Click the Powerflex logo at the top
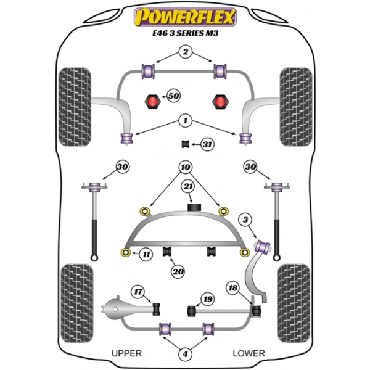185,17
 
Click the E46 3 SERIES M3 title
185,33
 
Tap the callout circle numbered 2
186,52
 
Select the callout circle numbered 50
173,96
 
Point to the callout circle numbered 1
186,121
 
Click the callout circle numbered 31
207,144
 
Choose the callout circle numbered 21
188,187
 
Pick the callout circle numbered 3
245,220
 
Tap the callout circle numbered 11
146,254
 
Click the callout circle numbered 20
178,271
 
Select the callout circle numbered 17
138,292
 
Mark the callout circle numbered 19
208,299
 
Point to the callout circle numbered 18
233,287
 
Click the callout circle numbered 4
185,354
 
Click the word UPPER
126,353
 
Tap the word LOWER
249,353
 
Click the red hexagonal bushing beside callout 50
152,102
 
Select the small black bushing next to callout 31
186,144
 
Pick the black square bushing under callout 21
194,207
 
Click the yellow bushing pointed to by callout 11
126,252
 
